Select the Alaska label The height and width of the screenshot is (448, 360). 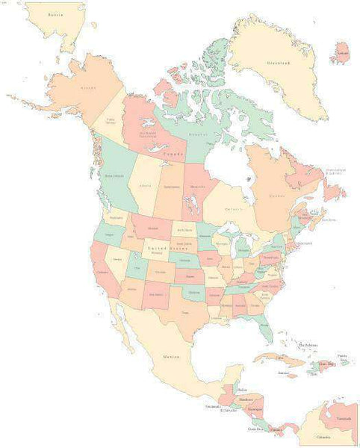(88, 88)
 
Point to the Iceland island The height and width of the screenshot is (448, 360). (342, 53)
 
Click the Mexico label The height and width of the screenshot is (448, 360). (171, 357)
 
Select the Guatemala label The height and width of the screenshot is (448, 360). (213, 406)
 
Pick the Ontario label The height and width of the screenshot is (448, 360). (233, 209)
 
